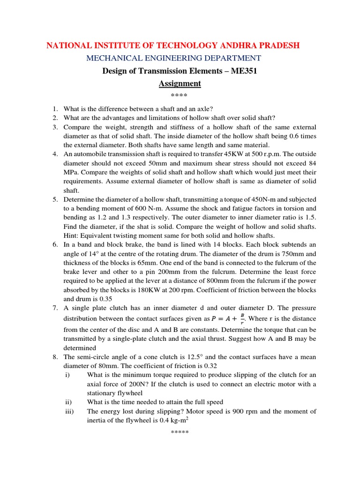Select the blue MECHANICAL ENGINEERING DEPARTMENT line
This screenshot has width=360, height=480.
coord(172,58)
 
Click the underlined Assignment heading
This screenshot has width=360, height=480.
coord(180,83)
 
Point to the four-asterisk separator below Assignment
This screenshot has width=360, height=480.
coord(180,97)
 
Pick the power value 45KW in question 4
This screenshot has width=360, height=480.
coord(222,154)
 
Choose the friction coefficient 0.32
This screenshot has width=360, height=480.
coord(209,366)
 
